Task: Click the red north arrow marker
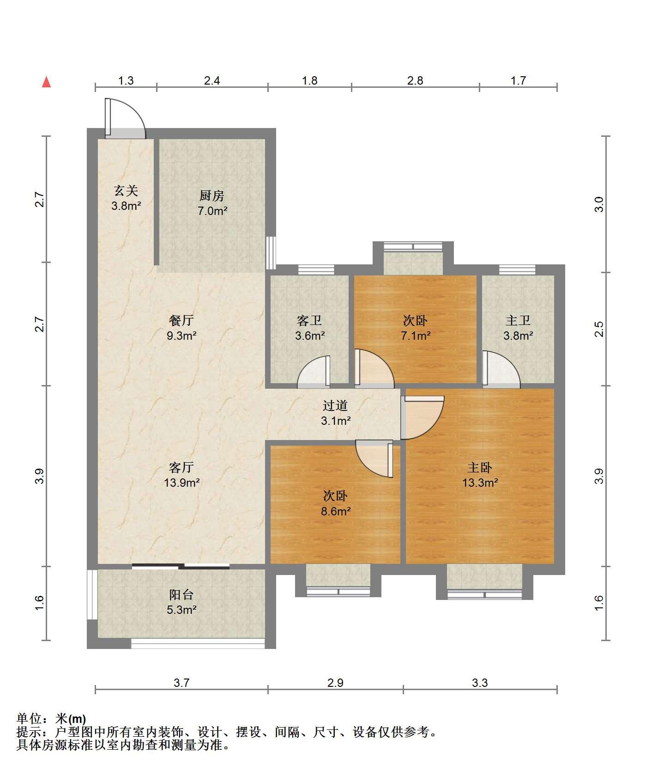point(46,82)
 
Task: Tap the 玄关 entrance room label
point(126,190)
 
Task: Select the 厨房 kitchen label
point(212,196)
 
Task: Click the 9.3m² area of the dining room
point(181,336)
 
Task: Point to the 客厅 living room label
point(181,467)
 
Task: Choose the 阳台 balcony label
point(181,594)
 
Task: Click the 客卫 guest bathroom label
point(309,320)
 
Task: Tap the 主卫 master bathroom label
point(518,320)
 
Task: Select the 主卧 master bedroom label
point(480,467)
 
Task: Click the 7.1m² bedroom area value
point(416,336)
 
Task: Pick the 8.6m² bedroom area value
point(335,511)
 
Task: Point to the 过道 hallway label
point(335,405)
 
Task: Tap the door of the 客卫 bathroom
point(314,371)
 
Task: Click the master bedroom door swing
point(422,417)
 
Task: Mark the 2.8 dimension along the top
point(415,80)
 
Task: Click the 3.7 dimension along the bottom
point(181,682)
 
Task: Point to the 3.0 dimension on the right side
point(599,204)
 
